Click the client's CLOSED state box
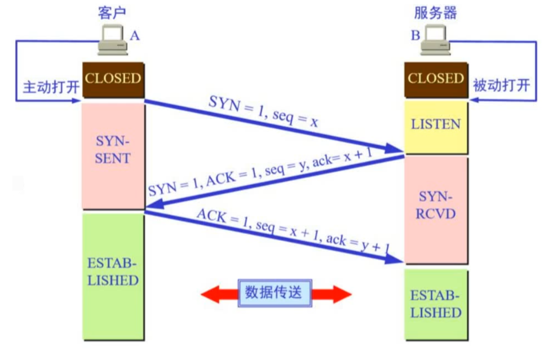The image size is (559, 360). (x=113, y=79)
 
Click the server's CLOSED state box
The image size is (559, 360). (x=436, y=79)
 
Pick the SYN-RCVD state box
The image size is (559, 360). (x=436, y=206)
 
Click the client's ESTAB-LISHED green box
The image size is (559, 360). (x=113, y=274)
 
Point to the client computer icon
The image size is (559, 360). (x=112, y=40)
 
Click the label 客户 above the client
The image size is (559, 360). (x=112, y=13)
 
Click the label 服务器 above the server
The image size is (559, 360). (x=436, y=13)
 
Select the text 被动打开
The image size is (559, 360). (x=501, y=86)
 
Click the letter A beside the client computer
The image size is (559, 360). (x=134, y=35)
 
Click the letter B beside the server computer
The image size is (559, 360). (x=415, y=35)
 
